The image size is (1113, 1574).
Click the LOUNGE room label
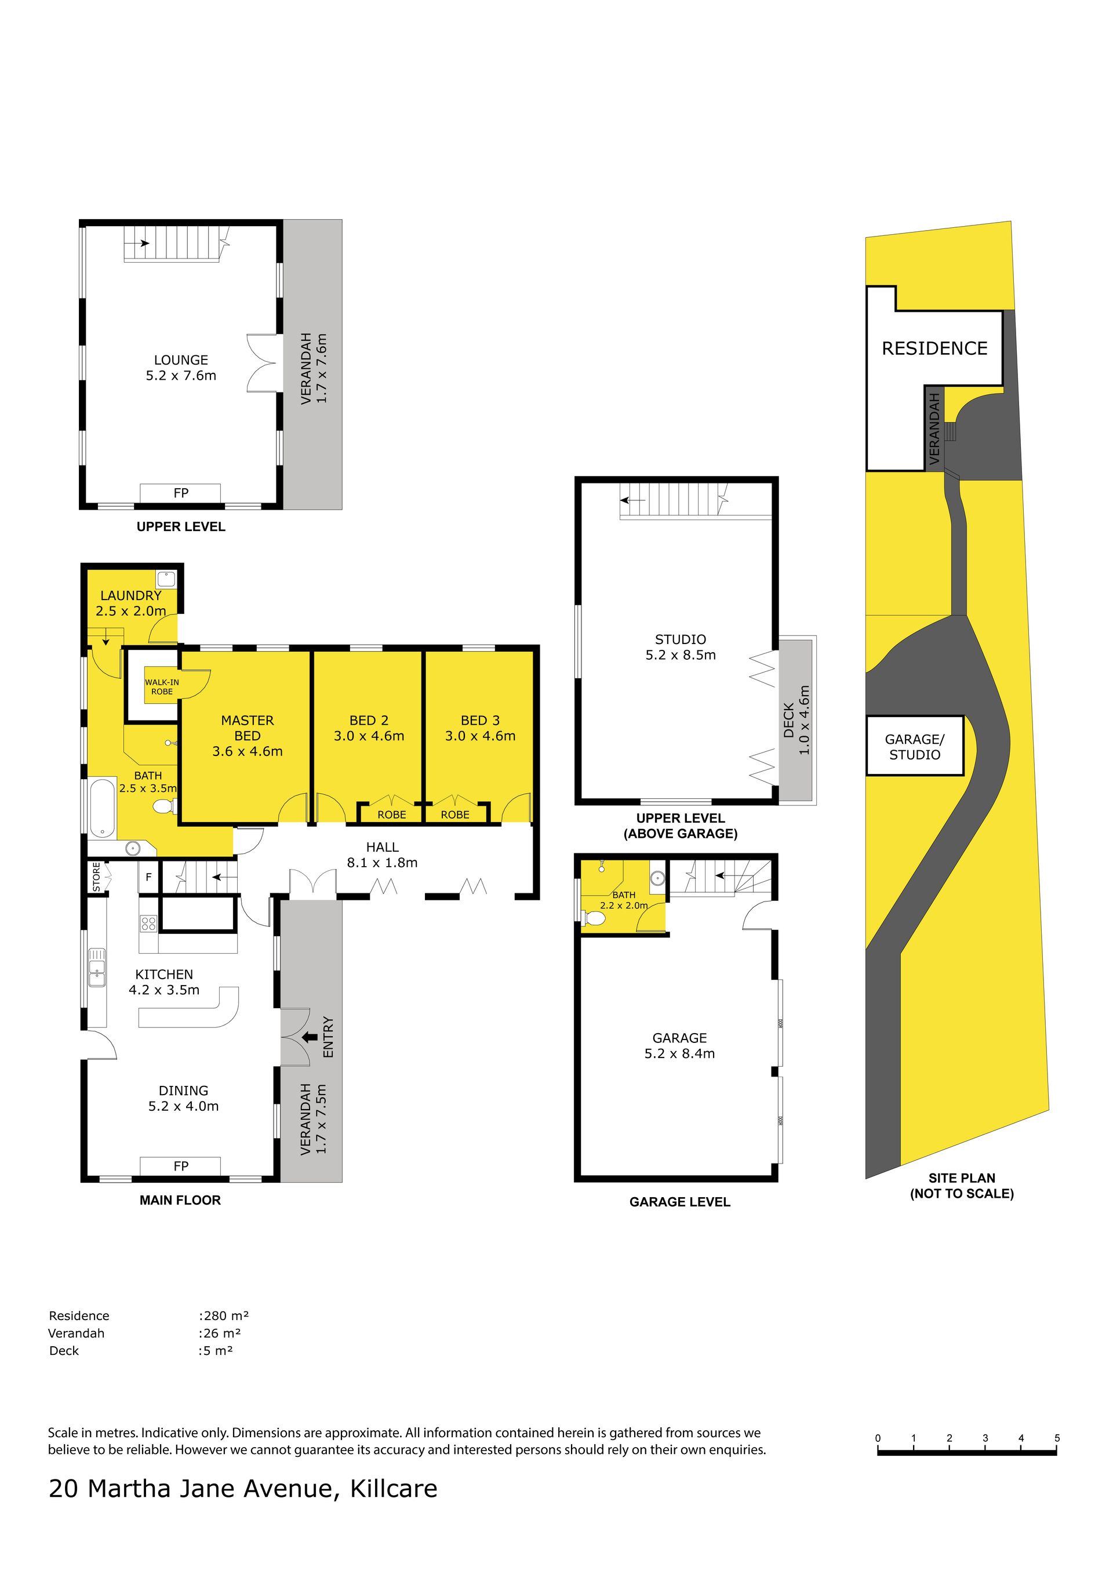click(x=181, y=360)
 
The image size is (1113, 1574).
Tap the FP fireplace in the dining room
click(x=180, y=1166)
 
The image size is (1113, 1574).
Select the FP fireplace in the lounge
click(x=180, y=493)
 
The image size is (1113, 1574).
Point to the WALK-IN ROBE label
click(x=162, y=687)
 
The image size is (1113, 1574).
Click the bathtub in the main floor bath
click(x=102, y=808)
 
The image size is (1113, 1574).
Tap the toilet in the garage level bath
click(x=594, y=918)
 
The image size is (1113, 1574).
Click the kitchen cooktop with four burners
click(x=149, y=924)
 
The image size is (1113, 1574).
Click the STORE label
click(x=97, y=878)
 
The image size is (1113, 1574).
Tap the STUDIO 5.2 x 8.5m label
click(x=681, y=647)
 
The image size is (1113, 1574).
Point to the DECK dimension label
click(x=796, y=720)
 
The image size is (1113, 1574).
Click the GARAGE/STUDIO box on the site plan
click(x=915, y=747)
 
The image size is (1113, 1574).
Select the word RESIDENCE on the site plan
click(x=935, y=348)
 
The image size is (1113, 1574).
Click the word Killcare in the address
click(x=394, y=1488)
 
